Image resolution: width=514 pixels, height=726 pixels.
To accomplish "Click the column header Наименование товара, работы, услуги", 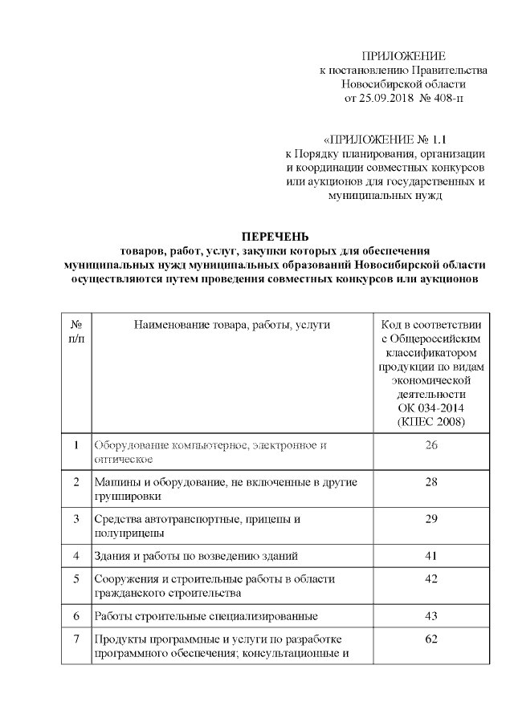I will click(233, 324).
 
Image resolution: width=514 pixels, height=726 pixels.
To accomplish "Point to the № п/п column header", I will click(76, 331).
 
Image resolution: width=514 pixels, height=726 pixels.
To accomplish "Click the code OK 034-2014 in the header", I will click(430, 408).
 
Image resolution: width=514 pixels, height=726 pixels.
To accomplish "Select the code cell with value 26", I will click(430, 445).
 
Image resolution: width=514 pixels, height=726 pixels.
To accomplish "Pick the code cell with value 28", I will click(430, 482).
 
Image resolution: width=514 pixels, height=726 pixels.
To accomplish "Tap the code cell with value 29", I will click(430, 519).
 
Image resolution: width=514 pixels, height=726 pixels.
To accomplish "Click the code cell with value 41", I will click(430, 555).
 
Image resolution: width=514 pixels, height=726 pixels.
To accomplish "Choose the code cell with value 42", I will click(430, 578).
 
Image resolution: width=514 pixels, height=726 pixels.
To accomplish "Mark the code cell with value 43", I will click(430, 616).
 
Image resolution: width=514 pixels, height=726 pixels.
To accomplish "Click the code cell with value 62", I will click(430, 639).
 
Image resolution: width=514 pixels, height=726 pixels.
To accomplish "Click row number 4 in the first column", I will click(76, 555).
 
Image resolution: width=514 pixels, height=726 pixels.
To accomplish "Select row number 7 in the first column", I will click(76, 639).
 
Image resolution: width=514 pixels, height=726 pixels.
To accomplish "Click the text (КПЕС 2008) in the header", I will click(430, 422).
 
